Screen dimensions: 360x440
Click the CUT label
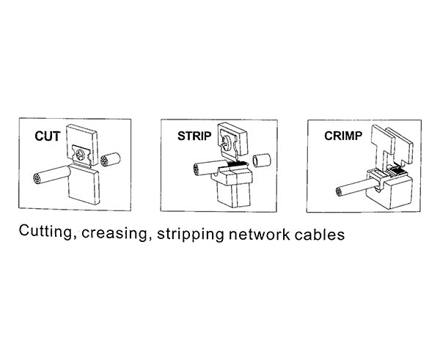click(48, 136)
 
